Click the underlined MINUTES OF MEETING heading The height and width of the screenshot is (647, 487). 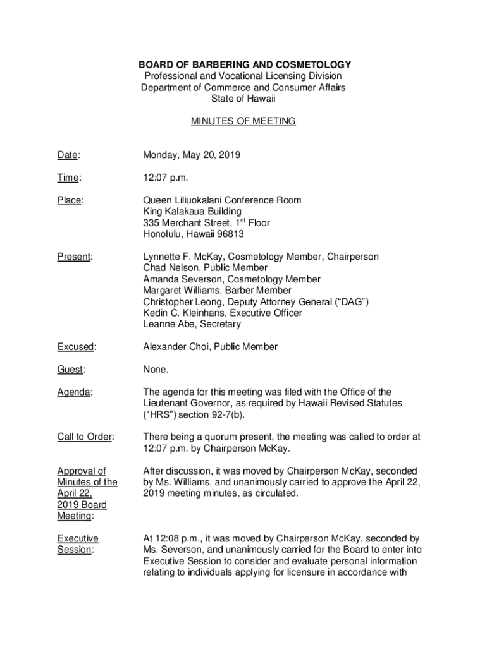[243, 121]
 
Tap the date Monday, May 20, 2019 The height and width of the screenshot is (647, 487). [192, 155]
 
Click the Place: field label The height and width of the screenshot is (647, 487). [70, 200]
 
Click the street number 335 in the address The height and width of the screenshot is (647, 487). [151, 223]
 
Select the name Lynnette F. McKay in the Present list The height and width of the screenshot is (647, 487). [182, 257]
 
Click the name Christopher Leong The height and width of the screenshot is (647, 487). [181, 302]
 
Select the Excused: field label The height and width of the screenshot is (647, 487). [77, 347]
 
